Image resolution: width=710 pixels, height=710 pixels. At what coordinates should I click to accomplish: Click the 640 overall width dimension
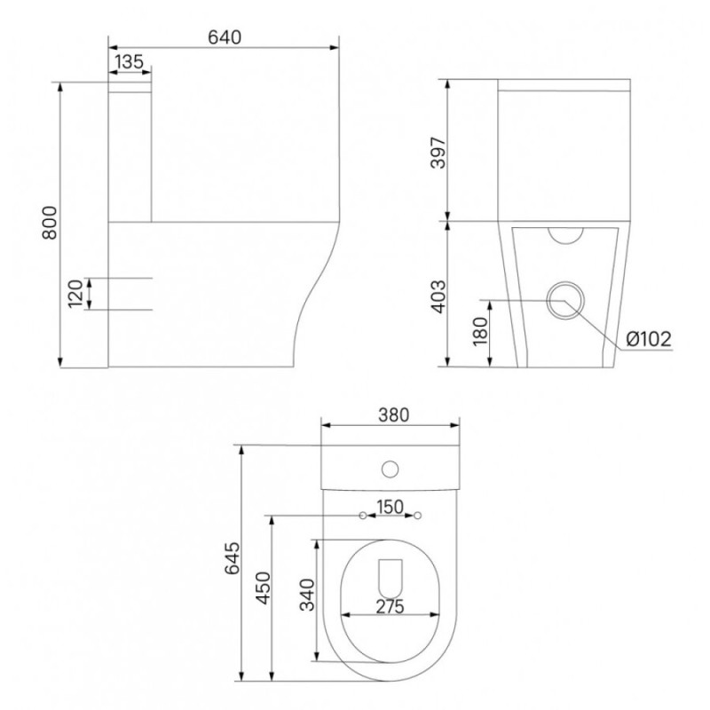[x=225, y=37]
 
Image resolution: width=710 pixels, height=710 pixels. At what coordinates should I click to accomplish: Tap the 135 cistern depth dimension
[x=129, y=61]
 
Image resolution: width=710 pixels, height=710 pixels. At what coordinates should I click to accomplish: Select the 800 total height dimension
[x=50, y=223]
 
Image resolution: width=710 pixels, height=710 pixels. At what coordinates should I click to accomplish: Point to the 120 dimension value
[x=75, y=294]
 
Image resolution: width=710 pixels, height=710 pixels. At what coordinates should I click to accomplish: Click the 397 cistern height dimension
[x=438, y=152]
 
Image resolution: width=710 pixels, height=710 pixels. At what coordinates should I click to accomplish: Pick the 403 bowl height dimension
[x=438, y=296]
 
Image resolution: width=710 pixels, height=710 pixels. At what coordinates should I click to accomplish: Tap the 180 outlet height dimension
[x=481, y=331]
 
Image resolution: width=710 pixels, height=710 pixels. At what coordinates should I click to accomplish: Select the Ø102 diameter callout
[x=649, y=339]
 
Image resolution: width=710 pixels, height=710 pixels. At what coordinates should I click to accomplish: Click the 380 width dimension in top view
[x=393, y=414]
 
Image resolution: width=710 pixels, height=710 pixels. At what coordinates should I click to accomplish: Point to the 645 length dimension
[x=233, y=558]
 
